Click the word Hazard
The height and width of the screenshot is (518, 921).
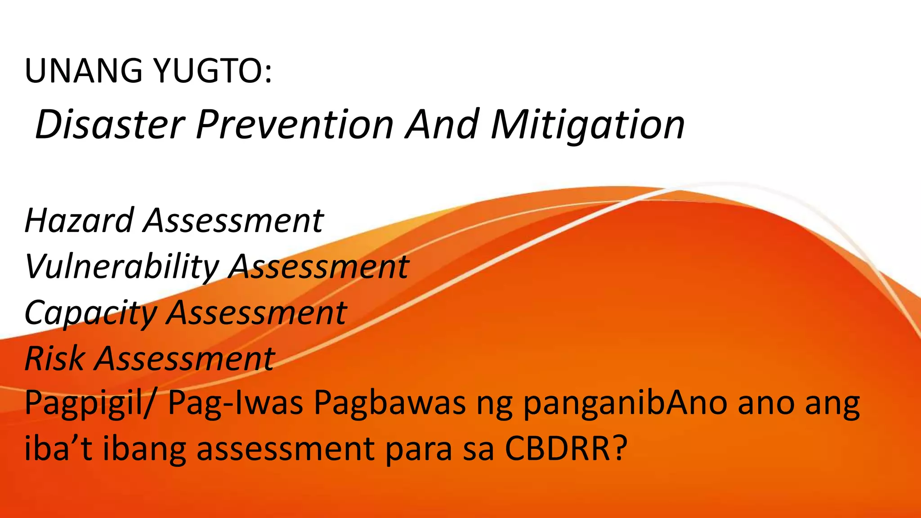tap(79, 220)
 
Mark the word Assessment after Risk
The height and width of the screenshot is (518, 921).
tap(184, 359)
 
